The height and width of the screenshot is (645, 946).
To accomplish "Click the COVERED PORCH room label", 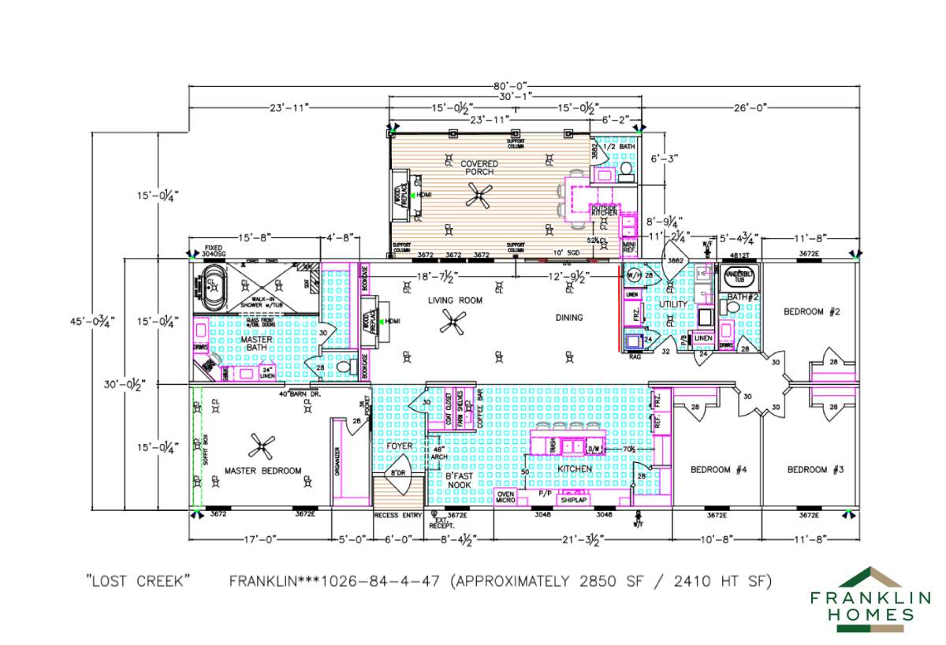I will (479, 167).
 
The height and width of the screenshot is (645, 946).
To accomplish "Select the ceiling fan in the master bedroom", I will (262, 447).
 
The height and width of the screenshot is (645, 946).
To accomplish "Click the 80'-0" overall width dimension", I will (510, 84).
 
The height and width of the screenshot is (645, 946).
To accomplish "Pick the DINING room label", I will (569, 318).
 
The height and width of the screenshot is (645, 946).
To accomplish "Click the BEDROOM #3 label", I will (815, 470).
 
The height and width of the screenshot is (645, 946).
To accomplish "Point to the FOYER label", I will (400, 446).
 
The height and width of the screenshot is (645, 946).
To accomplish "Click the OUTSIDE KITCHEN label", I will (604, 211).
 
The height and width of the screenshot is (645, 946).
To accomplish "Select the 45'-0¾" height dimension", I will (91, 321).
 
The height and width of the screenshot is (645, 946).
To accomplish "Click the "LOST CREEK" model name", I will (139, 582).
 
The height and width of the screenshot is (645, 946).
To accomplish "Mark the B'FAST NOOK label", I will (458, 480).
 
